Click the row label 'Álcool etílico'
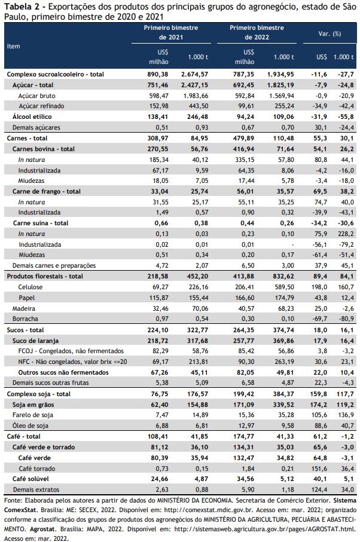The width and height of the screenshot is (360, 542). (x=32, y=117)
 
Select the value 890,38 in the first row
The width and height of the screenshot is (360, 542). (x=158, y=74)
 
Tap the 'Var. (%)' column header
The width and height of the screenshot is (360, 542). (x=330, y=33)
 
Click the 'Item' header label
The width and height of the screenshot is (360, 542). (x=14, y=47)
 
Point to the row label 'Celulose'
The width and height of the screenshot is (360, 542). (x=30, y=287)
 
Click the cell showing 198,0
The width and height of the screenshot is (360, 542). (x=319, y=287)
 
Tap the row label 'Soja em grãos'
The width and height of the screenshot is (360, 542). (x=33, y=405)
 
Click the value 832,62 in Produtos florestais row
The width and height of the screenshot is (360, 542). (x=283, y=276)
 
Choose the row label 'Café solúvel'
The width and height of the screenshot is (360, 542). (x=30, y=479)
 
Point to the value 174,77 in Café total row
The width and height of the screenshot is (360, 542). (x=243, y=437)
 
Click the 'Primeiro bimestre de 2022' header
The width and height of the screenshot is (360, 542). (x=257, y=32)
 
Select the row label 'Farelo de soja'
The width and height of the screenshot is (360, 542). (x=33, y=415)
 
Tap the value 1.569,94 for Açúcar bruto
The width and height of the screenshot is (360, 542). (x=282, y=96)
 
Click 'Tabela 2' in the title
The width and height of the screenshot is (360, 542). (x=21, y=7)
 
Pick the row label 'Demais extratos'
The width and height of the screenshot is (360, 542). (x=36, y=490)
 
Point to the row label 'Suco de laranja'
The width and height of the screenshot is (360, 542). (x=36, y=341)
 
